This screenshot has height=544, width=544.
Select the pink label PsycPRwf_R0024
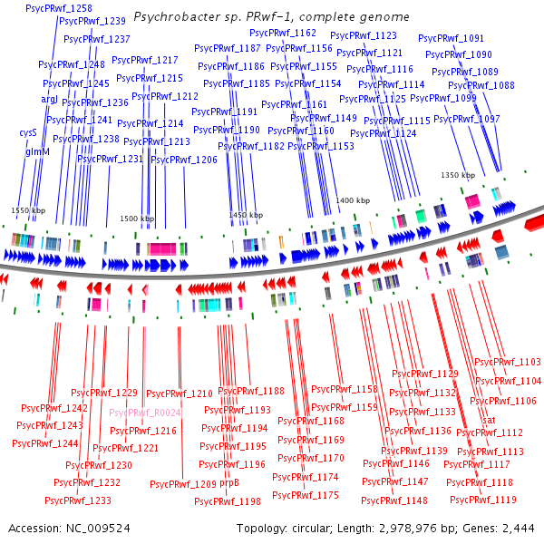click(146, 413)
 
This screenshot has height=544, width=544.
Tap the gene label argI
click(49, 99)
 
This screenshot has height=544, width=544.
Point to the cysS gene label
click(27, 132)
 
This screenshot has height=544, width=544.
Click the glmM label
click(37, 152)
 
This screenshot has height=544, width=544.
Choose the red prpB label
click(229, 483)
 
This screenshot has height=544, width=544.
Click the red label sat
click(488, 421)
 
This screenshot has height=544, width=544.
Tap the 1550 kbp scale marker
click(28, 209)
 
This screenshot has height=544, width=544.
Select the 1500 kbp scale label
click(137, 219)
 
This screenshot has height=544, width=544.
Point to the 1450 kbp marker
click(246, 215)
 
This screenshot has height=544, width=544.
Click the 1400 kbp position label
click(352, 200)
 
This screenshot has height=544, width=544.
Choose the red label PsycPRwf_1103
click(508, 362)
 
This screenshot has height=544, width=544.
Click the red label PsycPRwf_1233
click(78, 500)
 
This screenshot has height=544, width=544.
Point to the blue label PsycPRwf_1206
click(184, 160)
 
